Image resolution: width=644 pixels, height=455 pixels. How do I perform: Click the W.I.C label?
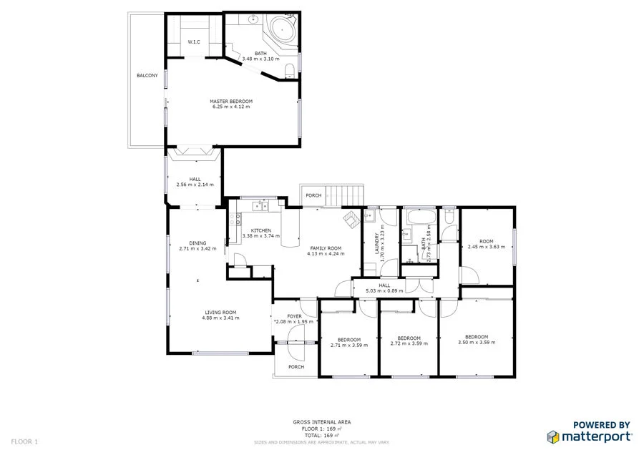194,43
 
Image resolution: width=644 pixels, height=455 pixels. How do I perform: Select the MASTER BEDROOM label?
231,102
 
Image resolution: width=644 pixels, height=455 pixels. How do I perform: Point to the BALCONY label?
147,76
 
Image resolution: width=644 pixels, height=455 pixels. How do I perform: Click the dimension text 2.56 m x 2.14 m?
195,185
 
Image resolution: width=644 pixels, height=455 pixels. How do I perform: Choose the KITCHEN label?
260,230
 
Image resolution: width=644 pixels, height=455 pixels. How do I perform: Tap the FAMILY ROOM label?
324,248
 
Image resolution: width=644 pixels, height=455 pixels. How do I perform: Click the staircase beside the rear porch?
346,195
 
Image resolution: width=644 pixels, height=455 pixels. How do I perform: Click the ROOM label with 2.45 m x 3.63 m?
487,241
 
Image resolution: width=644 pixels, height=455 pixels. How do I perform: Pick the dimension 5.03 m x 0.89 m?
384,291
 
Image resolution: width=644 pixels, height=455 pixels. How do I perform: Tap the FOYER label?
295,316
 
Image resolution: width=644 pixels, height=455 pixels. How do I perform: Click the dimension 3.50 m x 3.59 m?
477,343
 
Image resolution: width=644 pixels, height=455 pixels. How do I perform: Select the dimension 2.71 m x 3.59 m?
349,345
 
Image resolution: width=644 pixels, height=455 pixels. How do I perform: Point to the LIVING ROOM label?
220,313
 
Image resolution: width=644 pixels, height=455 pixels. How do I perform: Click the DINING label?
197,243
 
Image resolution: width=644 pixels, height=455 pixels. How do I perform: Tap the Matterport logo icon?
553,436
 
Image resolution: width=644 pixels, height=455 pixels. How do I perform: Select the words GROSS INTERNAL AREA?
322,423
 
